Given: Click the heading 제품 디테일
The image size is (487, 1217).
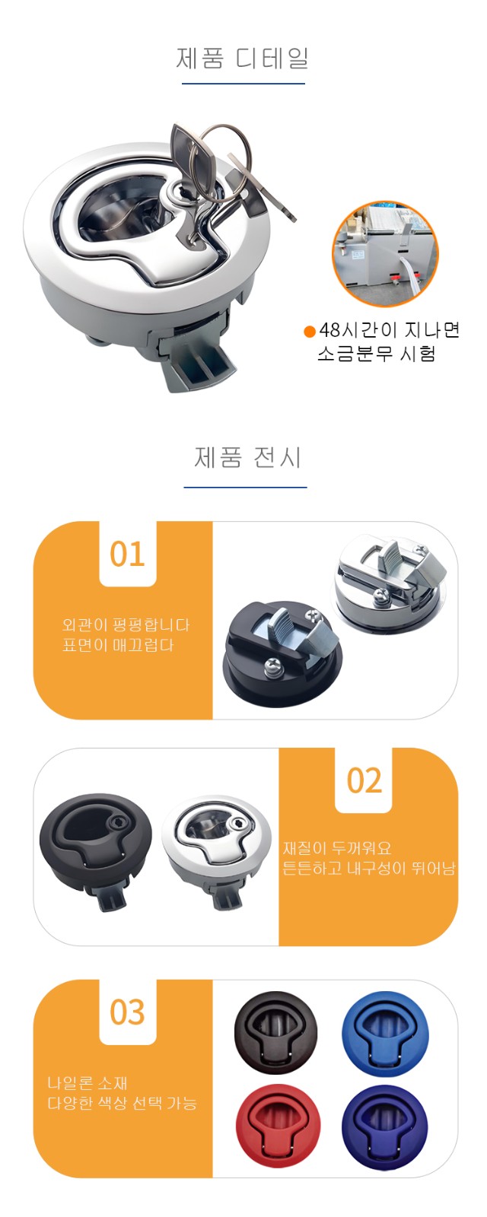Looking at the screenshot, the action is click(243, 59).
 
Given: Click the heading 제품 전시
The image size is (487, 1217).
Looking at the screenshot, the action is click(247, 457).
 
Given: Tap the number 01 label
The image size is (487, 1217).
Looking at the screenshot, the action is click(128, 554).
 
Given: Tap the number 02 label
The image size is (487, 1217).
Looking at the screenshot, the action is click(364, 780).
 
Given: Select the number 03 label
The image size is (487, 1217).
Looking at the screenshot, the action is click(128, 1012).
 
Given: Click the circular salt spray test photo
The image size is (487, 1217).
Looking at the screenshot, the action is click(385, 253).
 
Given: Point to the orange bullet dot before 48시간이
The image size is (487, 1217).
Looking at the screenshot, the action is click(309, 332).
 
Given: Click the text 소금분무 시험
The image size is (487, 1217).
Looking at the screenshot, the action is click(376, 354).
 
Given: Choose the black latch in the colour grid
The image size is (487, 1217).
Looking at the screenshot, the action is click(275, 1033).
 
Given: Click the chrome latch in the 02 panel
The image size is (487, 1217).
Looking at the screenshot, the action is click(216, 850).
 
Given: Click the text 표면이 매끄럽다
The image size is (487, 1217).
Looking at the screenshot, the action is click(118, 646).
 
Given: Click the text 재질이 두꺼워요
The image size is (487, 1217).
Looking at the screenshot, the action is click(337, 847).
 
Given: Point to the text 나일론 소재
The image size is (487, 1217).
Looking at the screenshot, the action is click(87, 1083).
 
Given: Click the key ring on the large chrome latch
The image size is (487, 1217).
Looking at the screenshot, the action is click(224, 163).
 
